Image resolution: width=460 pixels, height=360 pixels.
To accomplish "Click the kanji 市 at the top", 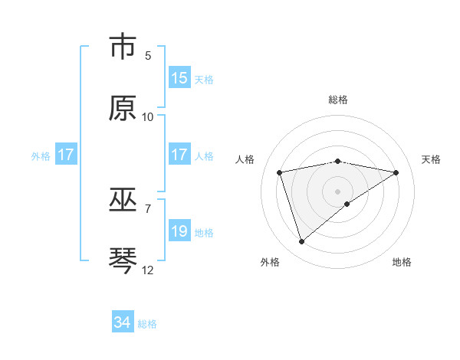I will click(123, 47).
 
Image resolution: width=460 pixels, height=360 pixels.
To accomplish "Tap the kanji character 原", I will click(123, 108).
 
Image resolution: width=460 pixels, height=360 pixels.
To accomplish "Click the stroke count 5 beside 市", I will click(148, 56).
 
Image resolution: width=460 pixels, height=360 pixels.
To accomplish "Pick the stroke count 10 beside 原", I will click(148, 116).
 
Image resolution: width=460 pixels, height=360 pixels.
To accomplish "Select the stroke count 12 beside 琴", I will click(148, 270).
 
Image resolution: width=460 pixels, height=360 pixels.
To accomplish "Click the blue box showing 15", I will click(179, 78).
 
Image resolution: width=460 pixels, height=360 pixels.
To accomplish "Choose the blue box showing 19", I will click(179, 231).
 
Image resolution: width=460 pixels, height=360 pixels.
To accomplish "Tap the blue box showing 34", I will click(123, 323).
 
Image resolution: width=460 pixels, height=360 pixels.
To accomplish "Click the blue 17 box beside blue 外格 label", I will click(65, 155).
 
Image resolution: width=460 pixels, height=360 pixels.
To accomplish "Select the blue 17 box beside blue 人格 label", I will click(179, 155).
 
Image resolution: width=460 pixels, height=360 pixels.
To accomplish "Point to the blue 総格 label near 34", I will click(147, 324).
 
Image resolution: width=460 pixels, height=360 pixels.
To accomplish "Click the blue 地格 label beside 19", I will click(204, 232).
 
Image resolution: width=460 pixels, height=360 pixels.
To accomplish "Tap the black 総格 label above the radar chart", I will click(338, 100).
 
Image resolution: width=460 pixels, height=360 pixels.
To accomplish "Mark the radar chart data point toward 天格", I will click(396, 172).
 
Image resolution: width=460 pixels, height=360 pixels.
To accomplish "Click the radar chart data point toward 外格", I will click(302, 242).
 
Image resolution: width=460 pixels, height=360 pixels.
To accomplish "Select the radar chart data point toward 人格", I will click(280, 172).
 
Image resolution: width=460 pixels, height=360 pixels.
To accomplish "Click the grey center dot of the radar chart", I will click(338, 191).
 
